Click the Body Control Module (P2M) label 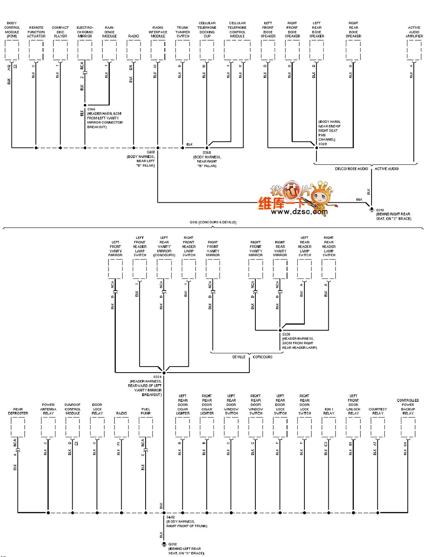[x=12, y=30]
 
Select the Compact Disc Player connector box [x=60, y=50]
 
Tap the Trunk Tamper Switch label [x=183, y=32]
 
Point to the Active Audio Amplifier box [x=414, y=50]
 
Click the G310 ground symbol [x=371, y=209]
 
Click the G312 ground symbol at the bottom [x=164, y=545]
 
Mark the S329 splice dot [x=316, y=148]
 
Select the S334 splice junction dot [x=164, y=373]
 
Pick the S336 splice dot [x=280, y=330]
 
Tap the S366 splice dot [x=85, y=105]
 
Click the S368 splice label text [x=207, y=153]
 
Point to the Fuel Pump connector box [x=146, y=427]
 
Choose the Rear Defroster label [x=18, y=411]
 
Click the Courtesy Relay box [x=377, y=427]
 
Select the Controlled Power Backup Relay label [x=408, y=407]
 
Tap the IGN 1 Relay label [x=329, y=411]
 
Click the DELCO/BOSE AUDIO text [x=351, y=169]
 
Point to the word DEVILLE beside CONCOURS [x=239, y=357]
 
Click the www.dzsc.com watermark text [x=299, y=212]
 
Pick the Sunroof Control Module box [x=73, y=427]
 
